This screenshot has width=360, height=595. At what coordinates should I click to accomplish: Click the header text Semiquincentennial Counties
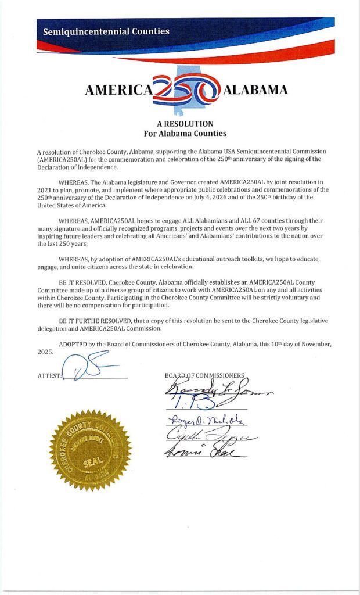click(106, 31)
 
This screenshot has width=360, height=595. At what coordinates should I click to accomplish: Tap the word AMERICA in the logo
click(118, 90)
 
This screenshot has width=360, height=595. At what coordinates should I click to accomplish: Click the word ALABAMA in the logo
click(255, 89)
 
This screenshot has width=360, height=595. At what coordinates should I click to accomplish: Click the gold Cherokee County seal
click(90, 449)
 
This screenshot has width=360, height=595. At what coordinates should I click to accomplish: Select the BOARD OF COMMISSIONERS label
click(204, 375)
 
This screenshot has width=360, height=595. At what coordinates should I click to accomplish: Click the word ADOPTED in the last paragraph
click(74, 344)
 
